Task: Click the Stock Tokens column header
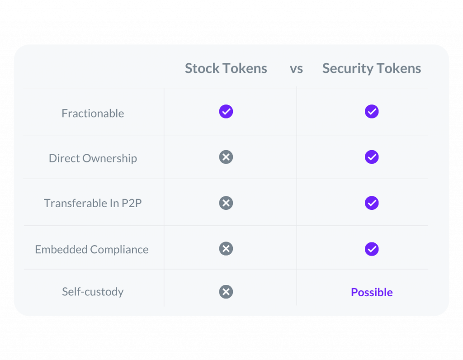(226, 68)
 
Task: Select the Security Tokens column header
(372, 69)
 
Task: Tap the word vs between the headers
(296, 69)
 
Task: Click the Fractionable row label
(93, 113)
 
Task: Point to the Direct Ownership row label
(93, 159)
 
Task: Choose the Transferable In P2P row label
(93, 203)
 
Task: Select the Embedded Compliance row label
(91, 250)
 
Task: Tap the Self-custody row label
(93, 292)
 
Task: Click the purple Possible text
(372, 292)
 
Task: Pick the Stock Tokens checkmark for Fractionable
(226, 111)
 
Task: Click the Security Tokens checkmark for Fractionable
(372, 111)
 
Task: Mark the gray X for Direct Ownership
(226, 157)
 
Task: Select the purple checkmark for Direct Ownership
(372, 157)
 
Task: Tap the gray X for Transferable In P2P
(226, 203)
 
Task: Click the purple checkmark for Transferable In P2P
(372, 203)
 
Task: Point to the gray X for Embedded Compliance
(226, 249)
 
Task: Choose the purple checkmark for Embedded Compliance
(372, 249)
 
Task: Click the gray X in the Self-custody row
(226, 292)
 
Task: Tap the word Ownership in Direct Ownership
(109, 159)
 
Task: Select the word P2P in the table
(132, 203)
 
